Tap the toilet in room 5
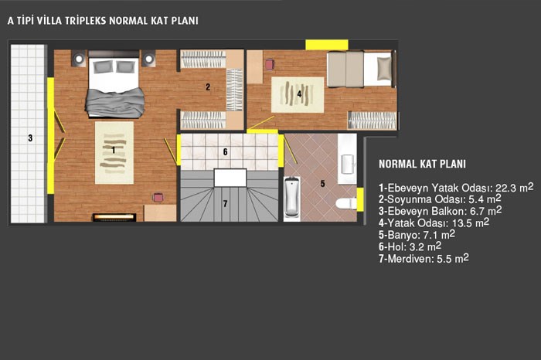346,202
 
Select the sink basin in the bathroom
348,164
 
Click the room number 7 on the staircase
226,204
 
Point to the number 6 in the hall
226,151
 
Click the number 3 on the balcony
30,138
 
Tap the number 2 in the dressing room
208,87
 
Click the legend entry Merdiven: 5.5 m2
424,258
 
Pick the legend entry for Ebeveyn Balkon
441,211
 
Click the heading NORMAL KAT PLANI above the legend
422,164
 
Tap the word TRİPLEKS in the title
86,21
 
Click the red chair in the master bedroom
158,197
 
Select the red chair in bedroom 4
270,64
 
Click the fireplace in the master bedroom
114,217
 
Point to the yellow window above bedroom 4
326,45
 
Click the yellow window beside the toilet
360,199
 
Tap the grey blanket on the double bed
115,103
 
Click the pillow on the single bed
384,68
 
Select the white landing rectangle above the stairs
230,178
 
